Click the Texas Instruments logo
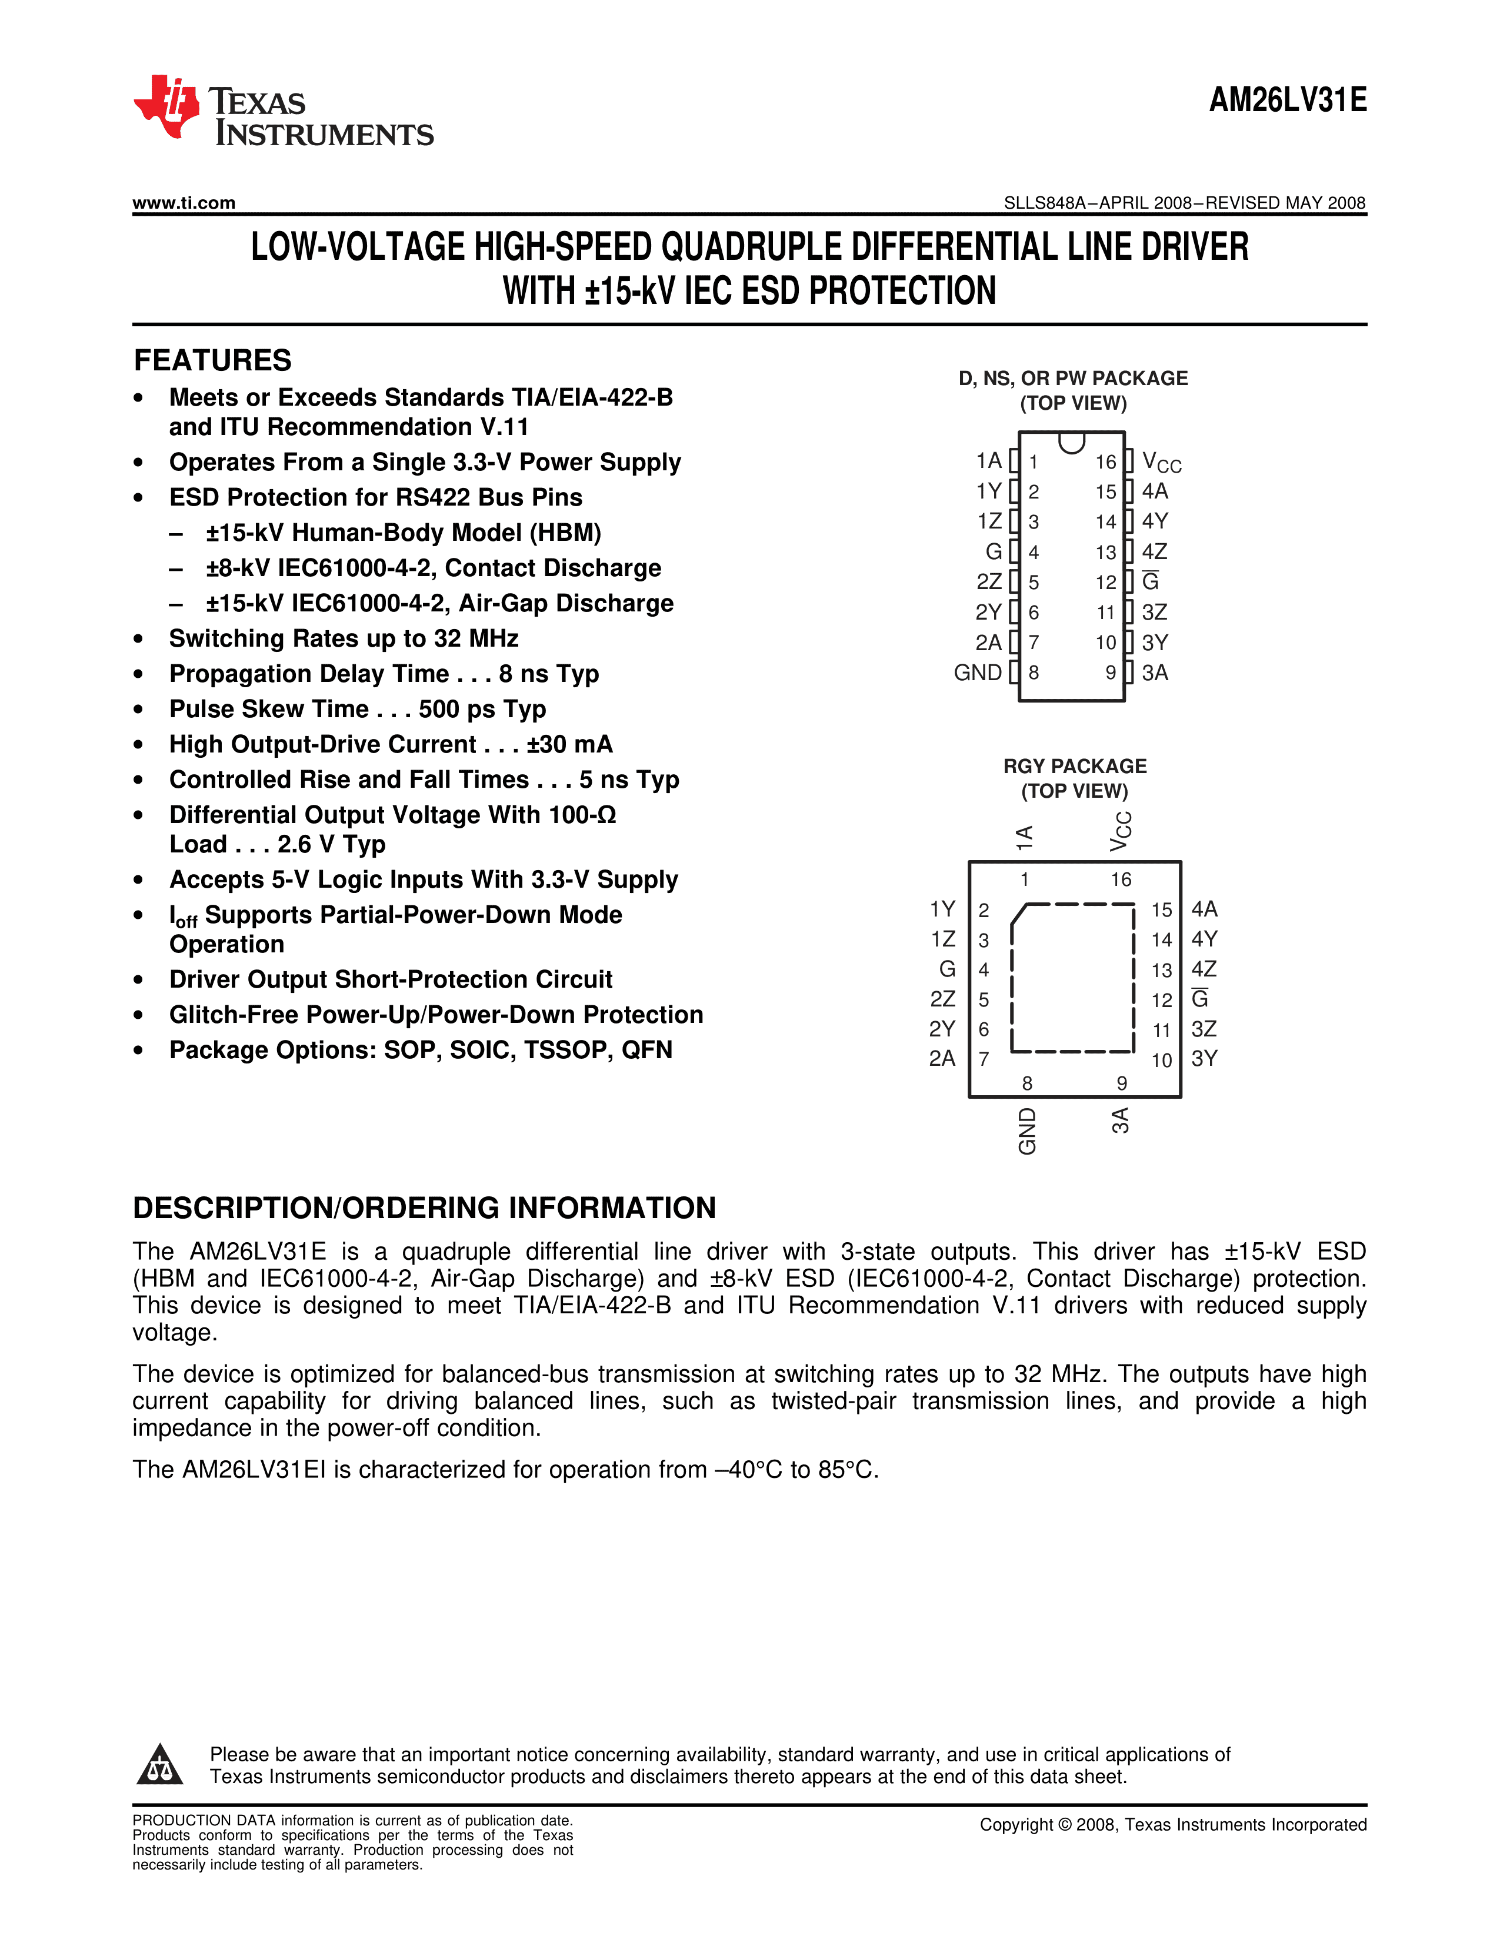tap(282, 110)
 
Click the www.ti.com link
tap(184, 203)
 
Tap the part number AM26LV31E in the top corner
tap(1288, 99)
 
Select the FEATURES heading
tap(212, 360)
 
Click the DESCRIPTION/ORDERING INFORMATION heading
tap(424, 1208)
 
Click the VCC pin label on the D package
tap(1161, 462)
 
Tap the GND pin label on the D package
tap(978, 673)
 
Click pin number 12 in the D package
tap(1105, 582)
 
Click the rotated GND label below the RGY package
tap(1027, 1130)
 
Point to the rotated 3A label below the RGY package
tap(1121, 1120)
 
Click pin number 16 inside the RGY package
tap(1121, 879)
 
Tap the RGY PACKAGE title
tap(1074, 765)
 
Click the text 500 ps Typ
tap(482, 710)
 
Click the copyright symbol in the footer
tap(1065, 1825)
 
